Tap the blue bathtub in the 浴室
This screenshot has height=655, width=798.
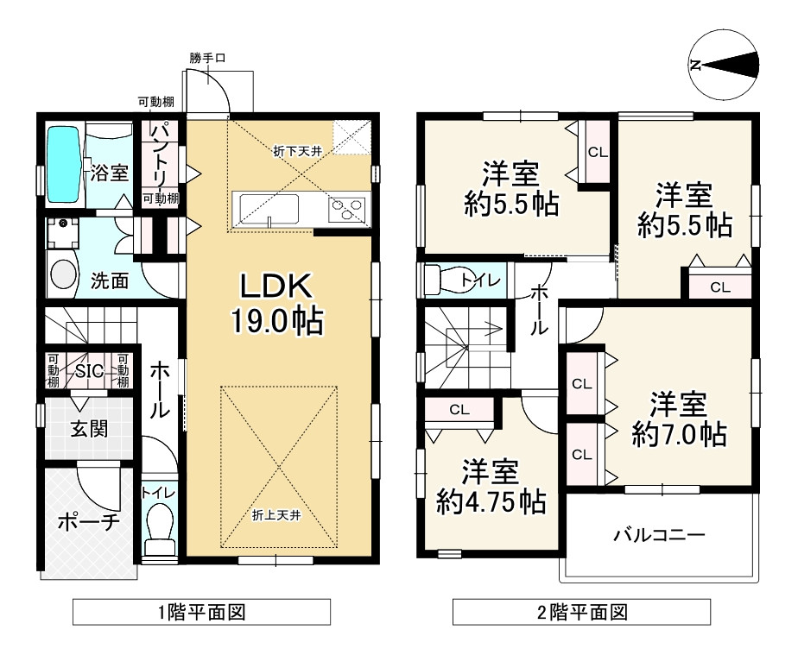tap(61, 164)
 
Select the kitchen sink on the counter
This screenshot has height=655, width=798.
tap(269, 208)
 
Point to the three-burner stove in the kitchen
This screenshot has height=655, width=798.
tap(346, 209)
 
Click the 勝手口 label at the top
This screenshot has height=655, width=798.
tap(208, 59)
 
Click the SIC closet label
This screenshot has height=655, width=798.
tap(89, 371)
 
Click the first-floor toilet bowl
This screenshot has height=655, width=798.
tap(158, 529)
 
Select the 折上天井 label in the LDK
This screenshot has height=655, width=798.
tap(276, 515)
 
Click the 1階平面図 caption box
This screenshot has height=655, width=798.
tap(201, 613)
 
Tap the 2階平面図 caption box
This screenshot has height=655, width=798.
tap(582, 613)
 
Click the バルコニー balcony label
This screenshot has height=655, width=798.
tap(660, 535)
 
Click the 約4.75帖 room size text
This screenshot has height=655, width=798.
tap(490, 501)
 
